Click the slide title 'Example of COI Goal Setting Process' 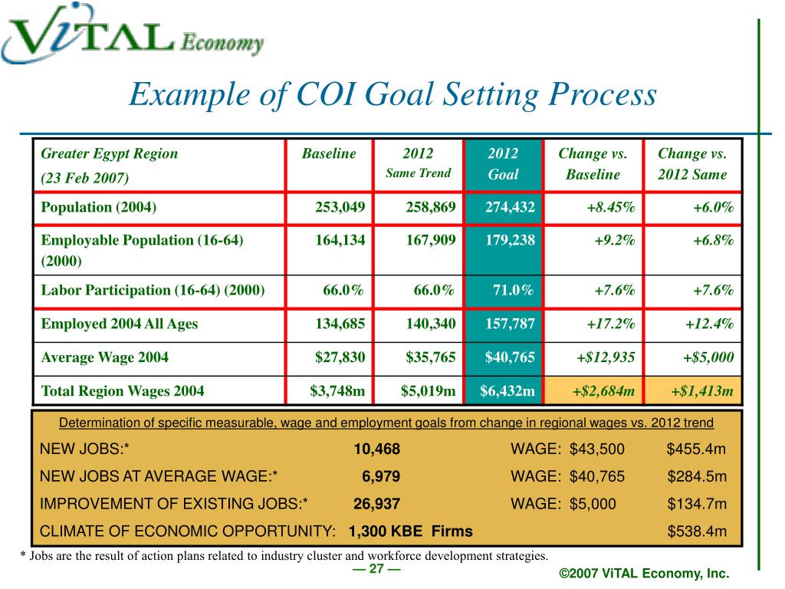pos(392,96)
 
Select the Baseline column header pos(329,153)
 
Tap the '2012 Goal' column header pos(503,163)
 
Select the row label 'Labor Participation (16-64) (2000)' pos(153,290)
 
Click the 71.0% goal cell pos(512,290)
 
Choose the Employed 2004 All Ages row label pos(119,324)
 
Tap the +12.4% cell pos(709,324)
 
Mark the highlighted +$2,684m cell pos(603,392)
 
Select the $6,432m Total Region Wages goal pos(507,392)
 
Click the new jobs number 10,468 pos(376,449)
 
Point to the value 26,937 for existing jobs pos(376,505)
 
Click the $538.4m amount pos(697,531)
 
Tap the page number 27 pos(376,569)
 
